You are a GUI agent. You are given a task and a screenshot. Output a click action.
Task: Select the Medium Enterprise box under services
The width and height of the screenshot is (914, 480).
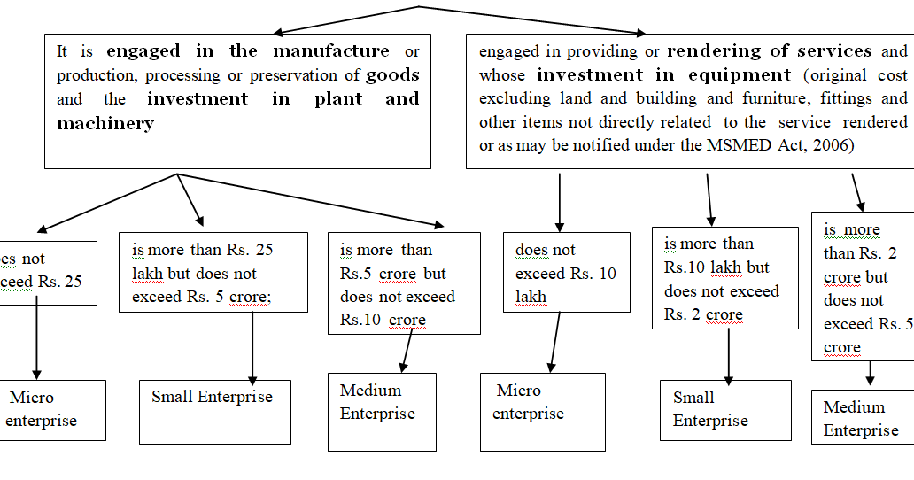click(x=862, y=418)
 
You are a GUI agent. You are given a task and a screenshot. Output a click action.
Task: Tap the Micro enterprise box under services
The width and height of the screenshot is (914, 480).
click(x=542, y=411)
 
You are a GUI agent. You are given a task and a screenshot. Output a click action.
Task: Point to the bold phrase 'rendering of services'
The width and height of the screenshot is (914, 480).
click(x=769, y=50)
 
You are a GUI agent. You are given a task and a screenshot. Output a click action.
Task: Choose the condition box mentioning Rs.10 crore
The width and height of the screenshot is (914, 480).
click(x=403, y=283)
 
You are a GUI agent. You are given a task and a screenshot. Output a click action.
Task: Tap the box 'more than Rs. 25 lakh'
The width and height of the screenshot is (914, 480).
click(x=213, y=272)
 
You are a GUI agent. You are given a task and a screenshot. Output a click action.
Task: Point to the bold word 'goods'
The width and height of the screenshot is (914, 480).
click(x=392, y=75)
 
